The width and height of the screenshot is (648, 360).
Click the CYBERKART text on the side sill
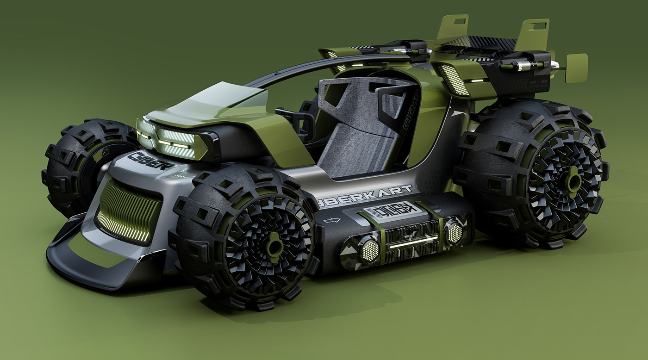[366, 195]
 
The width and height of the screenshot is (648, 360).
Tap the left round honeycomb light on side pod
[369, 249]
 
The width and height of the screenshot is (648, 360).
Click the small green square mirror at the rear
[576, 68]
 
